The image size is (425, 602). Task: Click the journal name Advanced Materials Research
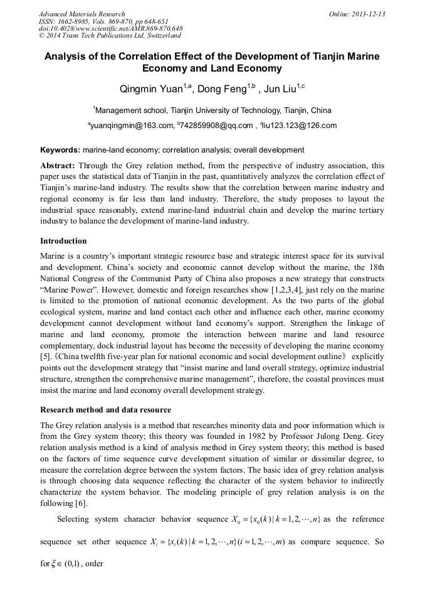click(82, 14)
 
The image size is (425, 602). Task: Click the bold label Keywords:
click(60, 151)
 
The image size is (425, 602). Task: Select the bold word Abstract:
click(58, 166)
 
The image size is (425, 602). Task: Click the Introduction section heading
click(63, 241)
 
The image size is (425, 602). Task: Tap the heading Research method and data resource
click(105, 410)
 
